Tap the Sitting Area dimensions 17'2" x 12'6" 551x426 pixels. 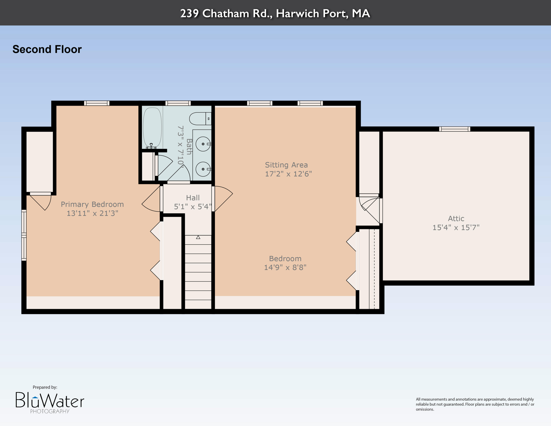(x=288, y=174)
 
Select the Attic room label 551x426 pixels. (x=456, y=218)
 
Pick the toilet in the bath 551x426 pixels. (x=200, y=119)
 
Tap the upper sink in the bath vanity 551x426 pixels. (x=203, y=144)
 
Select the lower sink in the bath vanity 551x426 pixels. (x=203, y=169)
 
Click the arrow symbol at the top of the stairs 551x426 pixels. (x=198, y=237)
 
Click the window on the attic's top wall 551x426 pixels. (x=455, y=129)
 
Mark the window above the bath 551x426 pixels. (x=178, y=103)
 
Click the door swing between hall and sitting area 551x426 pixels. (x=223, y=198)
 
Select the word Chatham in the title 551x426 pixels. (x=226, y=13)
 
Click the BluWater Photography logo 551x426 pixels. (x=50, y=402)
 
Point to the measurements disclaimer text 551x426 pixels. (x=475, y=404)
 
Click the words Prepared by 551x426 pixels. (x=45, y=387)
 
